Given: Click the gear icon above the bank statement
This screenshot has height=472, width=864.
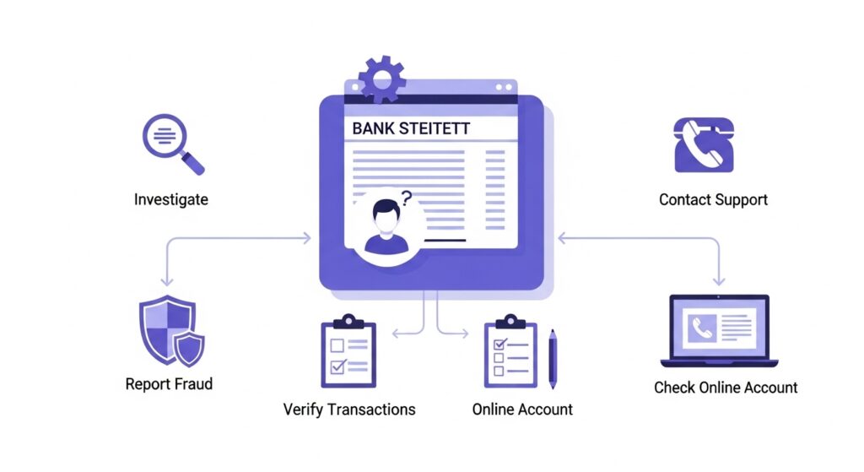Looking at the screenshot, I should tap(382, 79).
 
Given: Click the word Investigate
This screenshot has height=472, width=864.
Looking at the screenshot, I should tap(171, 200).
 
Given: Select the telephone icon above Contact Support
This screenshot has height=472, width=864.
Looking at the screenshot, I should tap(703, 144).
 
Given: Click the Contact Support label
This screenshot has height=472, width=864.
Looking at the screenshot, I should tap(713, 200).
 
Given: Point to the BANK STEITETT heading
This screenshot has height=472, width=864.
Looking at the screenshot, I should tap(411, 128).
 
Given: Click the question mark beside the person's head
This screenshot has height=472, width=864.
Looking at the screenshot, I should tap(408, 199).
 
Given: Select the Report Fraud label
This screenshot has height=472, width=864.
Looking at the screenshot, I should tap(169, 384).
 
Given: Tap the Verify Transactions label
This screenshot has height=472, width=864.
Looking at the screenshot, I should tap(349, 410).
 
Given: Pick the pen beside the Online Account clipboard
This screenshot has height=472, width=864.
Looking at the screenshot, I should tap(553, 358).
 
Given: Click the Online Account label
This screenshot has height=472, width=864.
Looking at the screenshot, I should tap(522, 410).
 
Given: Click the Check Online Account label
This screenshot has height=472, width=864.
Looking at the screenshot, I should tap(726, 388).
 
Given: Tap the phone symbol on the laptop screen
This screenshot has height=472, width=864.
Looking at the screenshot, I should tap(701, 328).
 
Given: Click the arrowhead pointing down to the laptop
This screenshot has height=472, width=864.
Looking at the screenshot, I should tap(719, 281).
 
